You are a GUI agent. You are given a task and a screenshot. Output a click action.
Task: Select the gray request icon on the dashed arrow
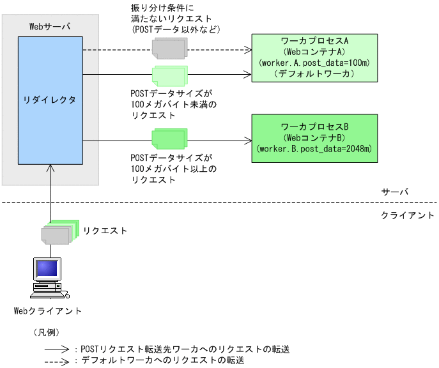point(169,46)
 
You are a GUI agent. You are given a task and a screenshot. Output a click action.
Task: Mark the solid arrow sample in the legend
point(56,349)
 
